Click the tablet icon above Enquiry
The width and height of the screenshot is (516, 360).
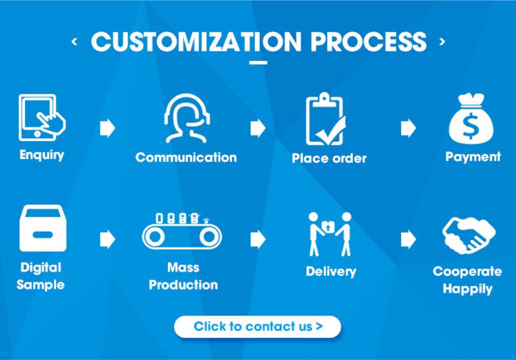tap(41, 118)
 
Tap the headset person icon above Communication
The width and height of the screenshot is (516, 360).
tap(186, 119)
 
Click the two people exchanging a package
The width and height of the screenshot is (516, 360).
tap(330, 233)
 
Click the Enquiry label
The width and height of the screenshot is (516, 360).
tap(42, 155)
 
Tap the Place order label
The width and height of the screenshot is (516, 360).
tap(329, 158)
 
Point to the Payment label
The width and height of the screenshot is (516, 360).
tap(473, 156)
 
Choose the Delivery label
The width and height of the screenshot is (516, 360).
tap(331, 272)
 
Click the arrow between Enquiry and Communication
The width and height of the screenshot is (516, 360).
tap(107, 128)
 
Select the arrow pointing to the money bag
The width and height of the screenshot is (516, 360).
tap(408, 128)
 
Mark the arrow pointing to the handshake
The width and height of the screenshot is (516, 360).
tap(408, 239)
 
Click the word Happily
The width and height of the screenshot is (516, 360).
tap(467, 289)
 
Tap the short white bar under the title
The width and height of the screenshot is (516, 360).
tap(258, 63)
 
